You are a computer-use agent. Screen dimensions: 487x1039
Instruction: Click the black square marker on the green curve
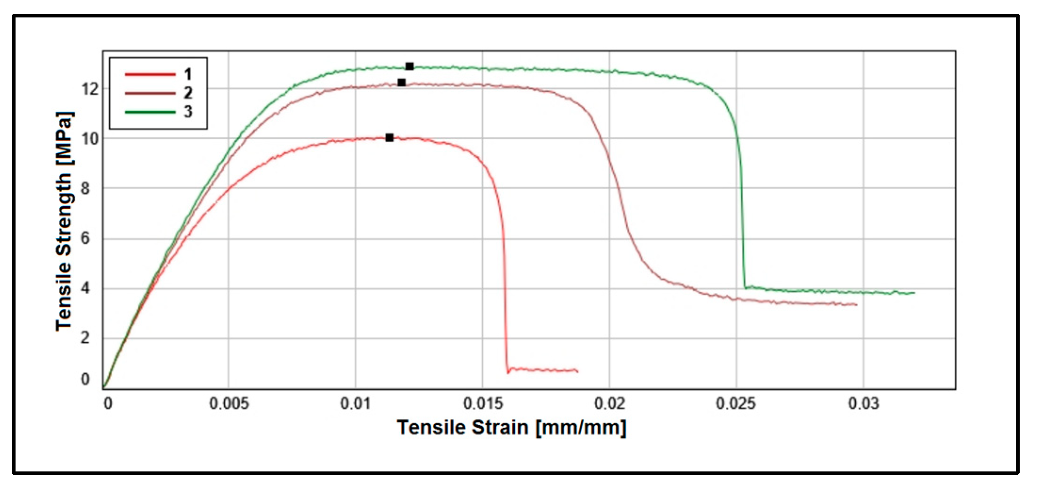click(410, 66)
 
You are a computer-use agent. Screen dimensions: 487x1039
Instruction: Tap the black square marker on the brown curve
click(401, 83)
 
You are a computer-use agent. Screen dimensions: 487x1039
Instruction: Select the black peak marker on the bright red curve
click(390, 138)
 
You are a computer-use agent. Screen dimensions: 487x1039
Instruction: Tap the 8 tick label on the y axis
click(85, 189)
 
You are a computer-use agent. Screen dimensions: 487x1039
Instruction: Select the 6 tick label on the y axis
click(85, 239)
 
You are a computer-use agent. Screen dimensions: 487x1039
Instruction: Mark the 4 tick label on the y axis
click(85, 288)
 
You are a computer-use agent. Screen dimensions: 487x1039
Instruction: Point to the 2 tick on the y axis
click(85, 338)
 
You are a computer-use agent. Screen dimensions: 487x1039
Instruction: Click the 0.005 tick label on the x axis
click(229, 404)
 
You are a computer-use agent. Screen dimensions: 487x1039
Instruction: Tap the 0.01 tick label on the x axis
click(356, 404)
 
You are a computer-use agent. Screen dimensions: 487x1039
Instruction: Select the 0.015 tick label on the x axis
click(483, 404)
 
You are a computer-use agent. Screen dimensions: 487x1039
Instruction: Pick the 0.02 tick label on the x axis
click(609, 404)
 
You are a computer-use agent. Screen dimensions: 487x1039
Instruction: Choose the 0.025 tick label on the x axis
click(736, 404)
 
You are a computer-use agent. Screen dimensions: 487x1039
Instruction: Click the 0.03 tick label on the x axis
click(863, 404)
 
